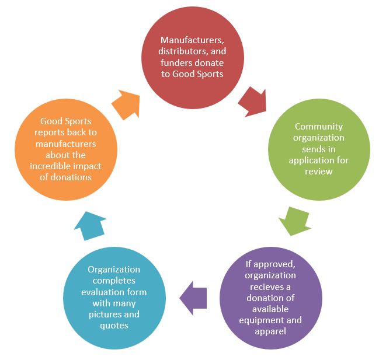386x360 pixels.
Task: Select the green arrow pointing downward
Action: (295, 221)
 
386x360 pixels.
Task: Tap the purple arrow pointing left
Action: (193, 298)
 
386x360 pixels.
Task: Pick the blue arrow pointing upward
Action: (90, 226)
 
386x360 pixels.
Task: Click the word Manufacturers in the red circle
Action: (192, 40)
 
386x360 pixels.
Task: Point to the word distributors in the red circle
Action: (183, 51)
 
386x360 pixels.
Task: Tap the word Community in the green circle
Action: (319, 127)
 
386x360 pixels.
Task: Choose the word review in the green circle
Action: (319, 172)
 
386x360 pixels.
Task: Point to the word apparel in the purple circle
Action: (270, 331)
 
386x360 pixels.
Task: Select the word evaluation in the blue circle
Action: (102, 292)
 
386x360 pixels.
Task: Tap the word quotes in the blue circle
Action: (114, 326)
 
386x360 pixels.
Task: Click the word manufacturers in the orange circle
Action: (66, 144)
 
